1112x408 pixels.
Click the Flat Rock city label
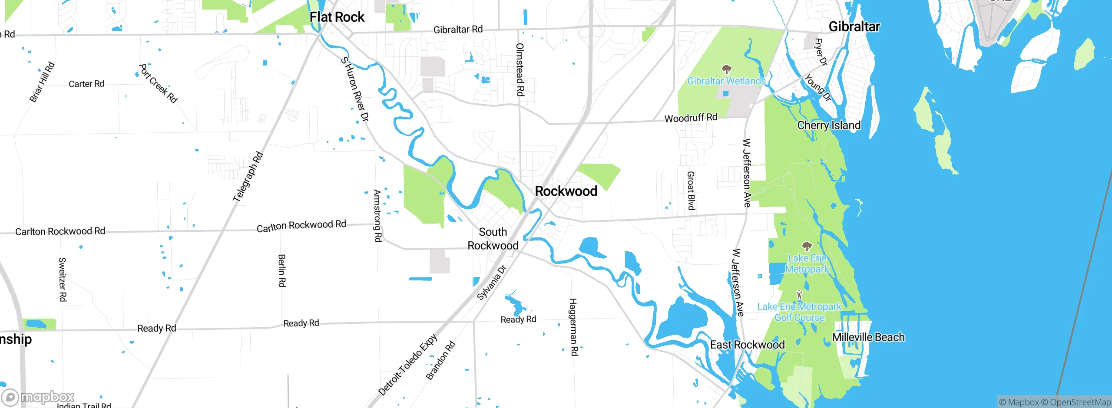click(337, 17)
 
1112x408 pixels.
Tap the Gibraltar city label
click(854, 27)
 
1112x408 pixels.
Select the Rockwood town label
click(566, 191)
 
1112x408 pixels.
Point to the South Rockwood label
click(493, 239)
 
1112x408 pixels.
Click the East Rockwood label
click(747, 345)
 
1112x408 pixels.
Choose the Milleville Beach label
click(868, 337)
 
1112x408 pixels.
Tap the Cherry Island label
click(829, 125)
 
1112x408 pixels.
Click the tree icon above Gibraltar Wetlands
click(726, 69)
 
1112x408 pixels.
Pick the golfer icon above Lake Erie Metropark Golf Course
click(799, 295)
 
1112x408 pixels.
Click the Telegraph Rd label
click(248, 177)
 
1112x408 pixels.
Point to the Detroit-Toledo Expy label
click(407, 365)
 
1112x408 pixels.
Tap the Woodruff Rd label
click(691, 118)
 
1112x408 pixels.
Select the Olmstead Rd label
click(520, 69)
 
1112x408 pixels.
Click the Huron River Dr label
click(355, 89)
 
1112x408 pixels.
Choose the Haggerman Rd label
click(574, 327)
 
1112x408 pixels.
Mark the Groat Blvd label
click(691, 191)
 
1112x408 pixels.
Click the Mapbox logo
click(38, 397)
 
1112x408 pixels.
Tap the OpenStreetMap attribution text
click(1080, 402)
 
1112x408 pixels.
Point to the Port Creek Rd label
click(158, 84)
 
